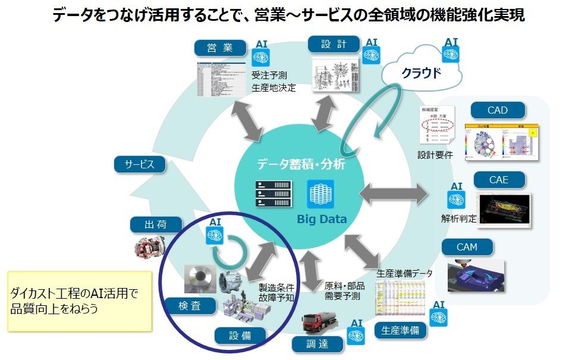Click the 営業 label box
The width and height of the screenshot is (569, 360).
(x=220, y=48)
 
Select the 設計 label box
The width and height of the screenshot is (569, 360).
(x=334, y=44)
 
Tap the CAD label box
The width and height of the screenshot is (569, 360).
(x=498, y=110)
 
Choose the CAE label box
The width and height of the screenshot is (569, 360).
(x=499, y=179)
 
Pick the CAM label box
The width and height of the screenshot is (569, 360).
(x=467, y=247)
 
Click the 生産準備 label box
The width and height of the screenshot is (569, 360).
(x=400, y=330)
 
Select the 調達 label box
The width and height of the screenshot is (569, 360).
(x=317, y=343)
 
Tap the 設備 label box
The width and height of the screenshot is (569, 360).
(x=240, y=336)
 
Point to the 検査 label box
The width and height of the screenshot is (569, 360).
(x=190, y=306)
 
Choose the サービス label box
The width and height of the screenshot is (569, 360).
(x=139, y=164)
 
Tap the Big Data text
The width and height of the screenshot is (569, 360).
(x=322, y=219)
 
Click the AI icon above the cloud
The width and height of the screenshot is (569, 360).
(x=451, y=52)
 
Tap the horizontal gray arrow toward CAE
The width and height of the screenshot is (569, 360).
(x=393, y=192)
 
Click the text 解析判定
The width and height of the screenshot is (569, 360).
(x=458, y=218)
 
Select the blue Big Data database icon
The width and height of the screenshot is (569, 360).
(x=321, y=194)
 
